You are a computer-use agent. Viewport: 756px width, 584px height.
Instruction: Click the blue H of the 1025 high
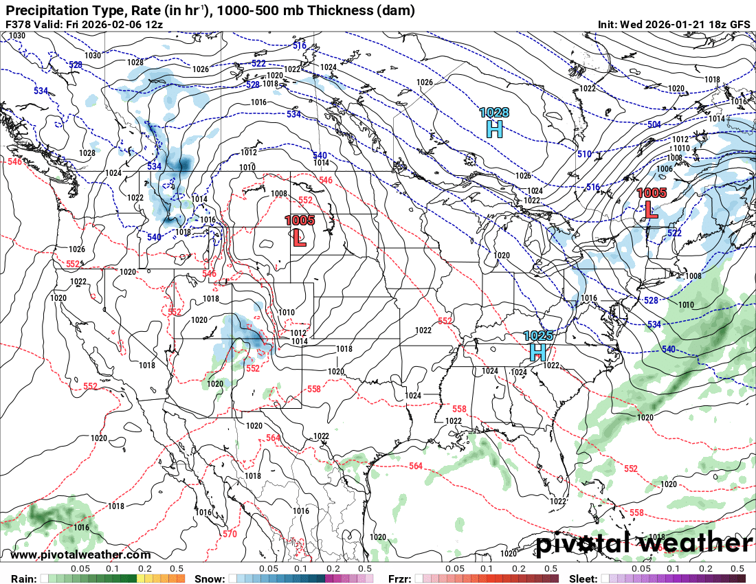click(538, 352)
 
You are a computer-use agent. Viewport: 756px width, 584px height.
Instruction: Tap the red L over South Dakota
click(300, 238)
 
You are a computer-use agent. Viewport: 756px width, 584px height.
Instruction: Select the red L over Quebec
click(650, 210)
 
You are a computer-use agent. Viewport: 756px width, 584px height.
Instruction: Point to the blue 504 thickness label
click(654, 124)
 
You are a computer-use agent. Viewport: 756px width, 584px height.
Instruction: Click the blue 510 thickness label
click(584, 154)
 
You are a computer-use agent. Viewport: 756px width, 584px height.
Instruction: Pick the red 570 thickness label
click(230, 533)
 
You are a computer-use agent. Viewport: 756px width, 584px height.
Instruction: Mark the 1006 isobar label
click(664, 169)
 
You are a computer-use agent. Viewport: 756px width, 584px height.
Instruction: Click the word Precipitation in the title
click(45, 10)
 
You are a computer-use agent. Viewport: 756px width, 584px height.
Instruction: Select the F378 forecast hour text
click(18, 24)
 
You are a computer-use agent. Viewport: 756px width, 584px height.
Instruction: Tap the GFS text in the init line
click(739, 24)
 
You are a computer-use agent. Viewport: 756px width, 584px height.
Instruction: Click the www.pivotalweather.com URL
click(80, 554)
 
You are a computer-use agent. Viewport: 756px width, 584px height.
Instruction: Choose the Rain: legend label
click(23, 579)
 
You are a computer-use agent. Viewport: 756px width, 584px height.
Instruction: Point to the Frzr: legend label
click(401, 579)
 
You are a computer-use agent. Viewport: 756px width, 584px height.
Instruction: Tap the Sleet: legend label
click(583, 579)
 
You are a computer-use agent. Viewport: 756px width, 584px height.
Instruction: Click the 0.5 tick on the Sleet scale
click(737, 569)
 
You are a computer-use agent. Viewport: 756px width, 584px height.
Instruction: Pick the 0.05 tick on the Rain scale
click(80, 569)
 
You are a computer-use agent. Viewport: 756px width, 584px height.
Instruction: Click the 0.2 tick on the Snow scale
click(333, 569)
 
